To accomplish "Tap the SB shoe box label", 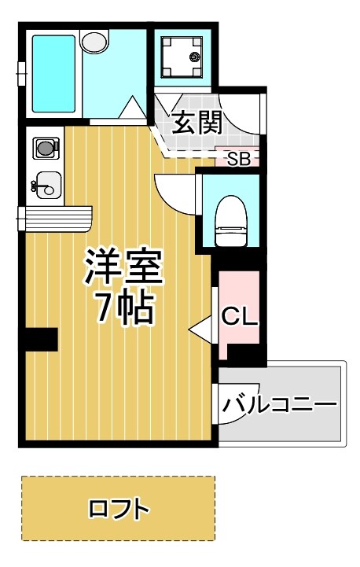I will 238,159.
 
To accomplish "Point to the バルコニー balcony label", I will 279,405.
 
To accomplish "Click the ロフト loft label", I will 119,509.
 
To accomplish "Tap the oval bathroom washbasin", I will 94,41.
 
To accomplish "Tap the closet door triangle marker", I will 201,327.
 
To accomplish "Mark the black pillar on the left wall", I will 39,340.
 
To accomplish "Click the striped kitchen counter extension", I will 58,217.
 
